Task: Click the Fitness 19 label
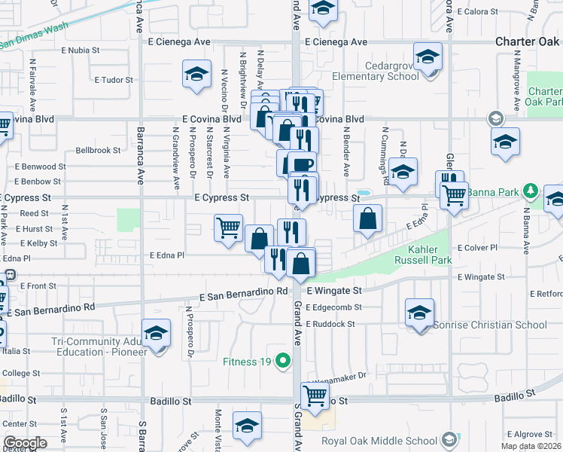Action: pos(245,361)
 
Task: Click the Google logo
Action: pos(25,443)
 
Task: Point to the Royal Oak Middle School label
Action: pos(379,441)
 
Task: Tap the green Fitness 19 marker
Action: pos(283,361)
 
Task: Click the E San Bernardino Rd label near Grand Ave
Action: pos(245,291)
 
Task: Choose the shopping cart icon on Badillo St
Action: pos(315,394)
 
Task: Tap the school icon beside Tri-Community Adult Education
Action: pos(157,333)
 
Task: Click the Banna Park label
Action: pos(493,191)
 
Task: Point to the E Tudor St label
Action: pos(114,79)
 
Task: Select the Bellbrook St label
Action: pos(98,151)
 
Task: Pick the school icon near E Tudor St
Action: pos(196,75)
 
